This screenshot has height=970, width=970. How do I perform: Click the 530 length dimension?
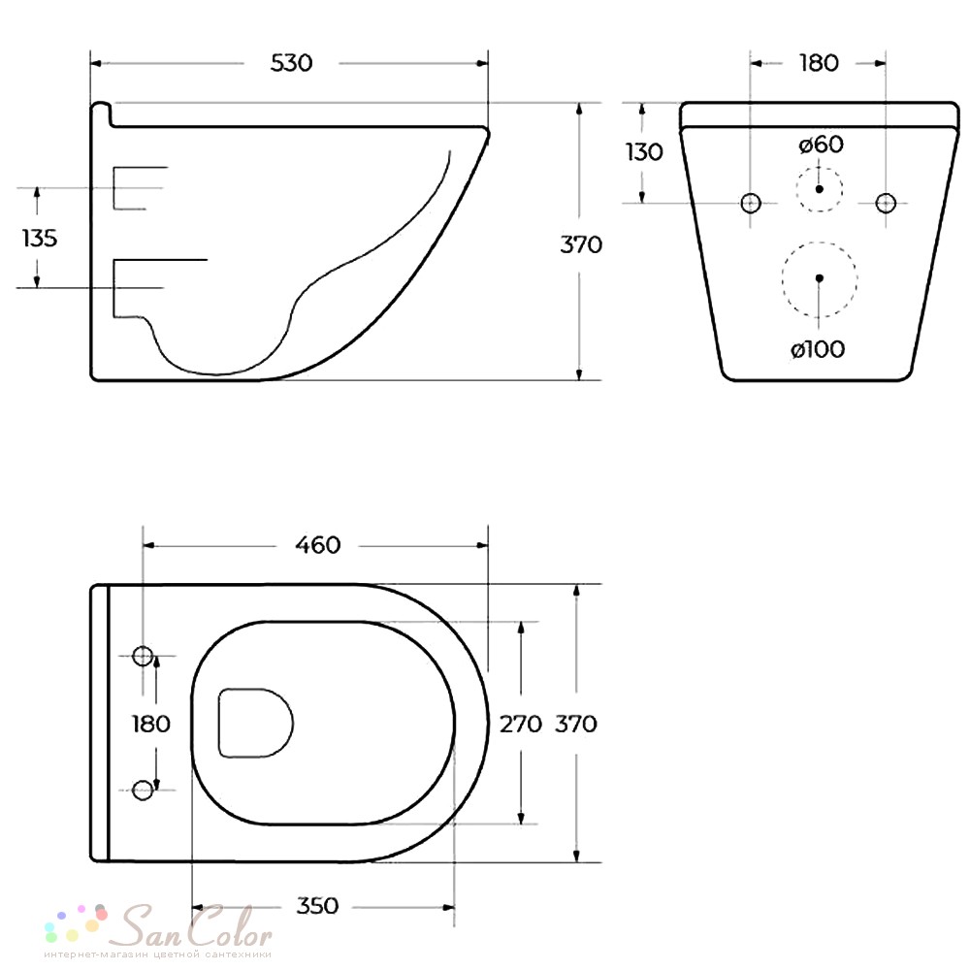click(291, 63)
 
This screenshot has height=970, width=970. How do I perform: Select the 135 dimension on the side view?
click(40, 238)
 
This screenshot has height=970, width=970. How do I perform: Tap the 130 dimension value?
click(644, 151)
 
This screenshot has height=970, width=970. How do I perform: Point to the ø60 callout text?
click(821, 145)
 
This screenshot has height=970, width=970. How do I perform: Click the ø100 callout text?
click(818, 349)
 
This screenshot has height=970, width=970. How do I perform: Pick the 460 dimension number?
click(318, 545)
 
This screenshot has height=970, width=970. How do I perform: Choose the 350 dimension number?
click(317, 906)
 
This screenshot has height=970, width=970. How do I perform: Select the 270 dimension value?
click(521, 724)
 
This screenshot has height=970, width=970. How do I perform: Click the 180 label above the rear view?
click(819, 63)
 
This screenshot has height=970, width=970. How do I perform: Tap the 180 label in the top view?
click(151, 724)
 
